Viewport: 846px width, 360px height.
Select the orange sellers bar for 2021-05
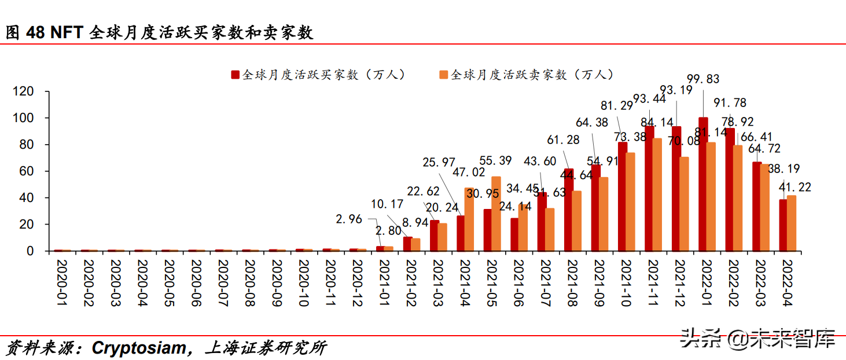496,214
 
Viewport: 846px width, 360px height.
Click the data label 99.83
703,79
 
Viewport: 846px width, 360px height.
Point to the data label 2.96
348,219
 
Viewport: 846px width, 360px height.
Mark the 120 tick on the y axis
24,91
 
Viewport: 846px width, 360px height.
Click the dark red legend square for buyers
235,75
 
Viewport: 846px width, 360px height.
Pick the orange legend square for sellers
444,75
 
